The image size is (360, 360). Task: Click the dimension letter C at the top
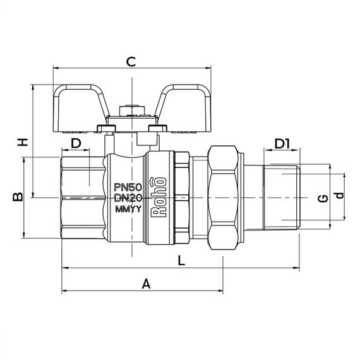tap(131, 61)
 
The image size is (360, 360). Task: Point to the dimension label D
tap(76, 143)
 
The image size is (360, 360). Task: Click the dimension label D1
tap(282, 144)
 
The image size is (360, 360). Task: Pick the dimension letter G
tap(323, 198)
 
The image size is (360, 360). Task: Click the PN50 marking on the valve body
tap(129, 187)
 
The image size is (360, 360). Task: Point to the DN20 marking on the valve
tap(129, 198)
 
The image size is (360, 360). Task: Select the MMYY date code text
tap(128, 210)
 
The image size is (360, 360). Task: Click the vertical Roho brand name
tap(160, 198)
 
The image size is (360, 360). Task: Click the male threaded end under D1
tap(284, 198)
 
